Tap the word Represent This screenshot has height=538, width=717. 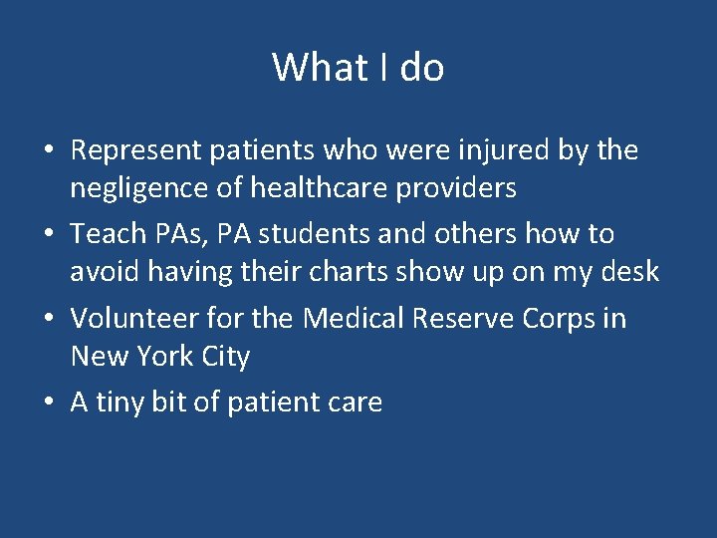pos(135,151)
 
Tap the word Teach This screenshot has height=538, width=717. pos(108,234)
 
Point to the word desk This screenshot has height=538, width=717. pos(630,271)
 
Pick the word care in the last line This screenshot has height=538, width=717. pos(357,403)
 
